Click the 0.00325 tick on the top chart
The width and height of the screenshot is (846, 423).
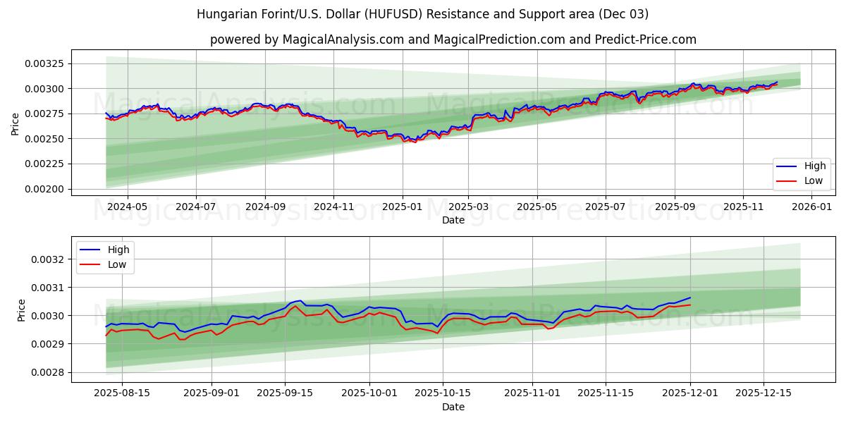click(x=44, y=63)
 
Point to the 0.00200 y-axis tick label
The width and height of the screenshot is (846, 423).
click(x=44, y=189)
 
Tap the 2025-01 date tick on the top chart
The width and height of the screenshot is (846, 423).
click(x=402, y=207)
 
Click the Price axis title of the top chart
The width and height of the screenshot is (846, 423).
click(x=16, y=124)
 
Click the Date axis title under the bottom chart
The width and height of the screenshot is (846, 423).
click(x=453, y=407)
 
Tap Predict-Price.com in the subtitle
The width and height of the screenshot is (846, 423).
click(x=645, y=39)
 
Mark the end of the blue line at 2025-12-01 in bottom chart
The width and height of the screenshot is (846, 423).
click(x=690, y=298)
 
